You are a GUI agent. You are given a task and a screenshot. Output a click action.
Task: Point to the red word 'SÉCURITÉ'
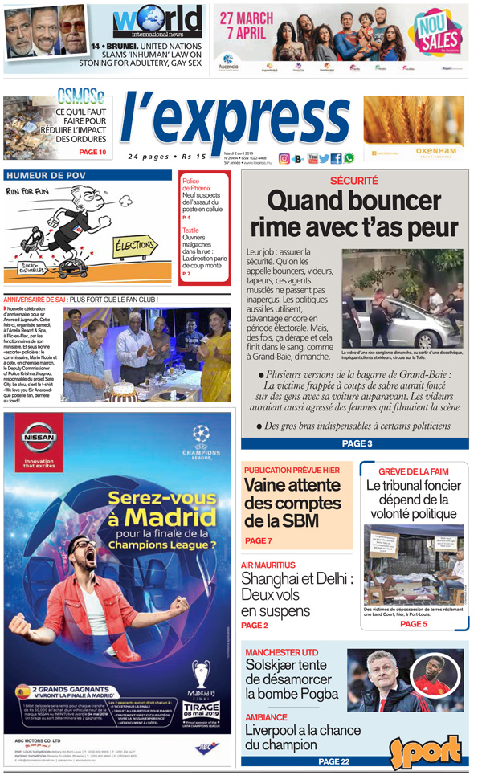coord(353,182)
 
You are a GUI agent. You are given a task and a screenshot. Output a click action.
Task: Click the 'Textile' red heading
coord(190,230)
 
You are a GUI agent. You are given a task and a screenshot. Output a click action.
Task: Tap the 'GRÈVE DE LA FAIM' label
coord(413,471)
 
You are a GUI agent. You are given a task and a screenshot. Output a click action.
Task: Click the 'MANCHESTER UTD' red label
coord(281,651)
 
